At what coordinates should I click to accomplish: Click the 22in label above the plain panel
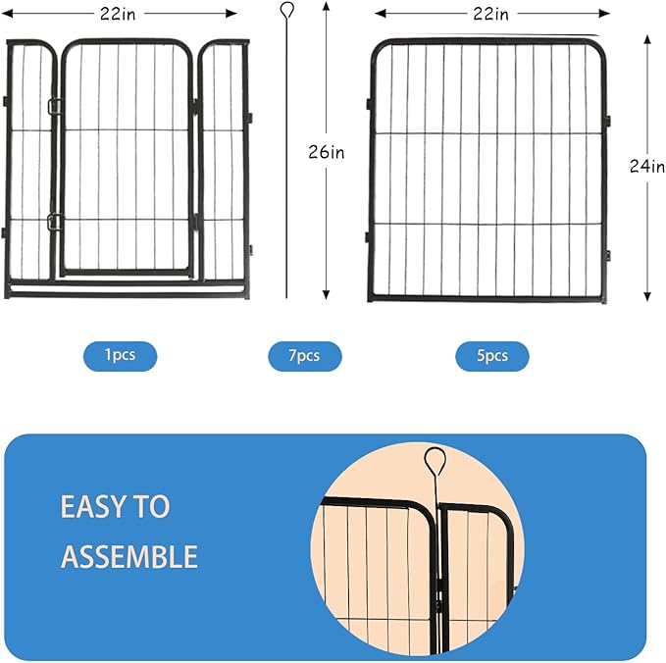[x=491, y=14]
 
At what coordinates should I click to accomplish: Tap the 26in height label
[x=326, y=152]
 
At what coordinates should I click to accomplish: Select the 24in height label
[x=647, y=167]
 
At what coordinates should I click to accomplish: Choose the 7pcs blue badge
[x=305, y=355]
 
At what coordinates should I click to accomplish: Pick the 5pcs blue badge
[x=491, y=355]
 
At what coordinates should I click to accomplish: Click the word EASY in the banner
[x=90, y=507]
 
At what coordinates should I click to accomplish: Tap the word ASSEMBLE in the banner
[x=129, y=557]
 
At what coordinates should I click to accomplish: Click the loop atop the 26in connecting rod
[x=286, y=11]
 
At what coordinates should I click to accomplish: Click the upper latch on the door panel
[x=54, y=106]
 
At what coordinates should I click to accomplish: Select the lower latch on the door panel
[x=54, y=222]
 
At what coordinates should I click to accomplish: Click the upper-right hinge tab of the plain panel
[x=609, y=120]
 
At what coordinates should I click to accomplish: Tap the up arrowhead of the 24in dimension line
[x=647, y=37]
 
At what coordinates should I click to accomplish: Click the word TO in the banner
[x=153, y=507]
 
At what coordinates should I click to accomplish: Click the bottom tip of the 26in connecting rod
[x=286, y=296]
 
